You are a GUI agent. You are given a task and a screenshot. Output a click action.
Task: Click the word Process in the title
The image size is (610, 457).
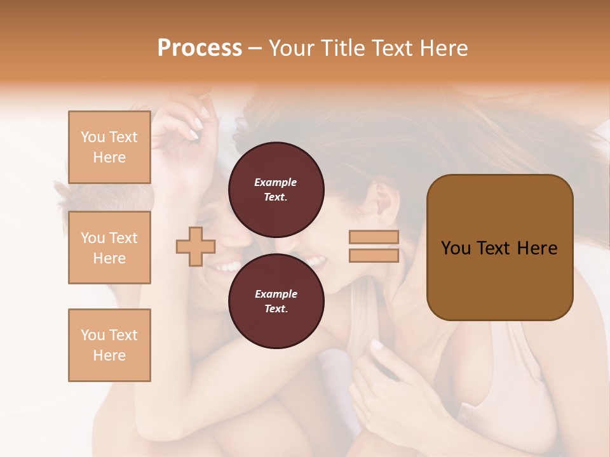tap(200, 48)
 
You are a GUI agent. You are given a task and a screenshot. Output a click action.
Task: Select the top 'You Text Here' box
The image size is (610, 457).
tap(109, 147)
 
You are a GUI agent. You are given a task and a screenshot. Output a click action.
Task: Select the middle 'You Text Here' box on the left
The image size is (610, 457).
tap(109, 248)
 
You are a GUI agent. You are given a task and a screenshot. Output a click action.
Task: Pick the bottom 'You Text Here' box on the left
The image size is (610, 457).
tap(109, 345)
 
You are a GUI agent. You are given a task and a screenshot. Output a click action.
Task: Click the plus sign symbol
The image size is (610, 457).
tap(196, 247)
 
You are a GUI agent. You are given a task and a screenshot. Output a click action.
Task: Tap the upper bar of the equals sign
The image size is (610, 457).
tap(374, 237)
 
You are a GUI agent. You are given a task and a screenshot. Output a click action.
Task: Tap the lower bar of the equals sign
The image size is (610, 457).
tap(374, 255)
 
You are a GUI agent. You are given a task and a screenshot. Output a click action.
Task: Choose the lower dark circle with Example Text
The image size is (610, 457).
tap(276, 301)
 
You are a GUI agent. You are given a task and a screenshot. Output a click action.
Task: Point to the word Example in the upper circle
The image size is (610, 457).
tap(276, 182)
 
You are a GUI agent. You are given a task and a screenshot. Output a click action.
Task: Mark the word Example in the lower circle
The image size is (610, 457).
tap(276, 294)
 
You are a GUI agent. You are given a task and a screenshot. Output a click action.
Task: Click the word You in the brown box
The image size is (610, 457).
tap(456, 248)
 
